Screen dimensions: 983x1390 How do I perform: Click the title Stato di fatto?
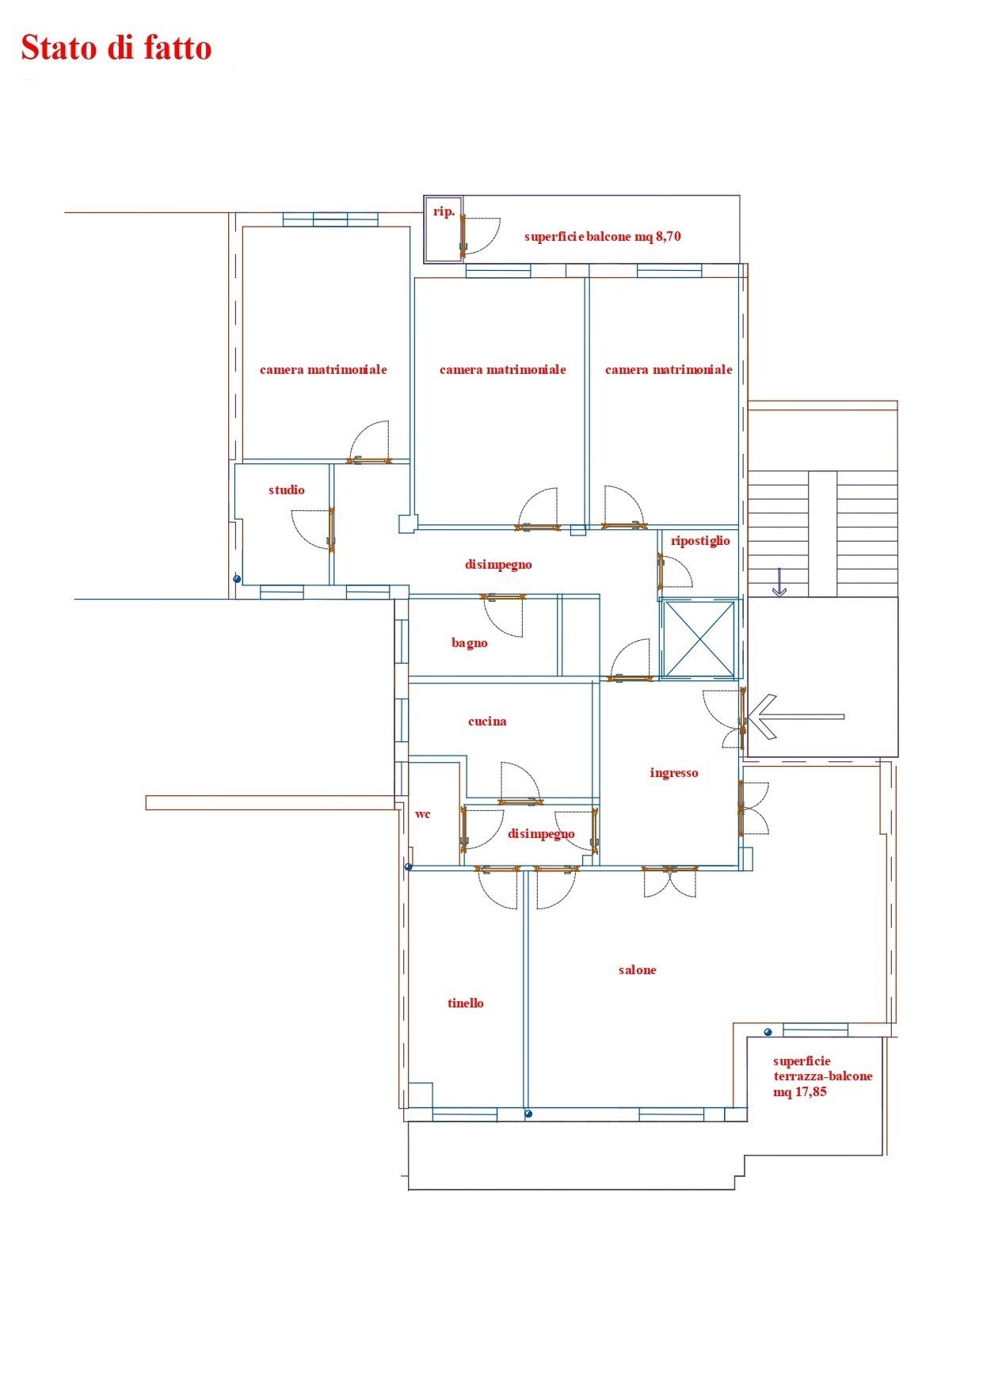pos(116,48)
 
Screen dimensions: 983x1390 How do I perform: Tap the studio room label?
pos(287,490)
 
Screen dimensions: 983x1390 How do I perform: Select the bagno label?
pos(470,643)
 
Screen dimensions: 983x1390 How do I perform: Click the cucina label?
pos(487,722)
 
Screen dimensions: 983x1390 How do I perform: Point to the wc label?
pos(423,814)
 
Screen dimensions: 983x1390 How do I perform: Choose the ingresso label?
pos(674,773)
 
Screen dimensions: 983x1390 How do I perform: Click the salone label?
pos(638,970)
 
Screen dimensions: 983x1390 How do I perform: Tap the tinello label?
pos(466,1003)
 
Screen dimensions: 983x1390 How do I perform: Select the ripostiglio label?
pos(700,541)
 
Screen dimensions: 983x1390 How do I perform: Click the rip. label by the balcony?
pos(444,212)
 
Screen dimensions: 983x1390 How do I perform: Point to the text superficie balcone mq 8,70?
pos(603,237)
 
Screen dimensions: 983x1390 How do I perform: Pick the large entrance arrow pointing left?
pos(796,717)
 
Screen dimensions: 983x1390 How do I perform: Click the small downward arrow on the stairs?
pos(779,582)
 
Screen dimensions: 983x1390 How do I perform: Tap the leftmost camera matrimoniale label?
pos(323,370)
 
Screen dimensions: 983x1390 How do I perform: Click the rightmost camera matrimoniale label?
pos(669,370)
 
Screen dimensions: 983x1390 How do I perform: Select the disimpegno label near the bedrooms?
pos(498,565)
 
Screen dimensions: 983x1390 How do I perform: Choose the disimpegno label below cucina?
pos(541,834)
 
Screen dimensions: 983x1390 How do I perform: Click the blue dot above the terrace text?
pos(768,1032)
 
